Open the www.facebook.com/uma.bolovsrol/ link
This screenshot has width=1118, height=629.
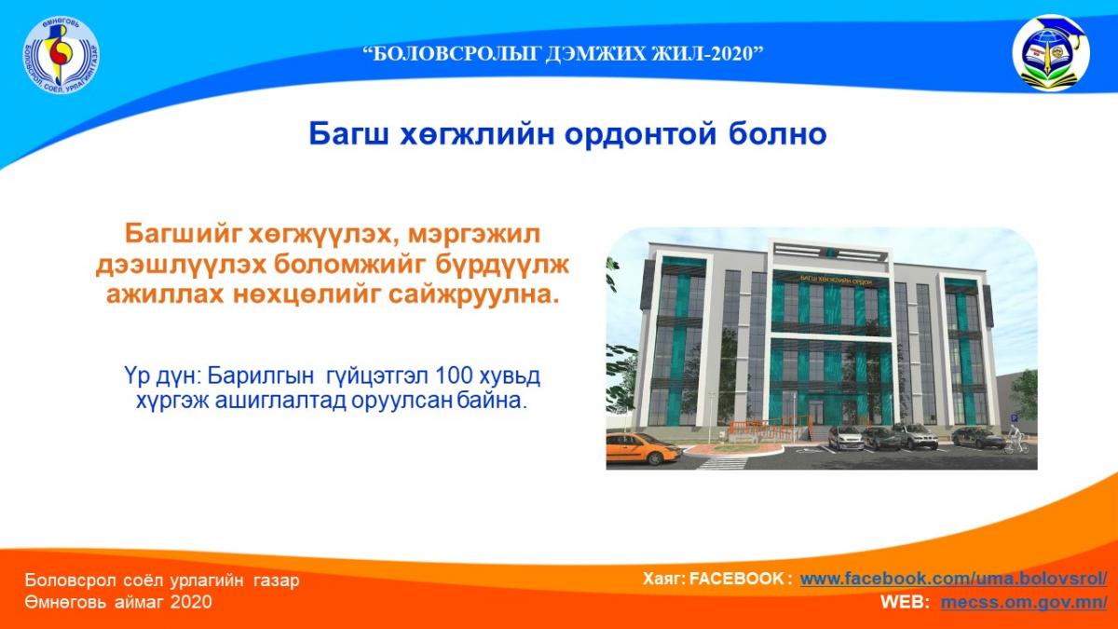(x=953, y=579)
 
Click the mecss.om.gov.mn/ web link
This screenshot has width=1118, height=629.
(x=1023, y=602)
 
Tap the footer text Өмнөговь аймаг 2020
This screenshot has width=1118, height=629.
(x=118, y=602)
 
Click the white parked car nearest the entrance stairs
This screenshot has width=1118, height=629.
(x=845, y=437)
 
